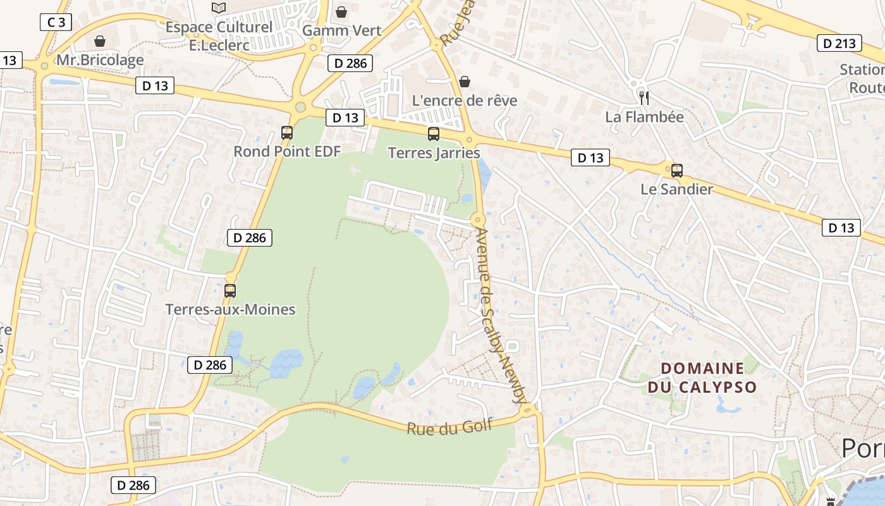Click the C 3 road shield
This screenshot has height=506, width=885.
56,23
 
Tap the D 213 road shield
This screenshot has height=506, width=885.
839,43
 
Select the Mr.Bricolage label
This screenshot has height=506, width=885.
100,60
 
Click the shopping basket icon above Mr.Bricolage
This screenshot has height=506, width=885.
99,41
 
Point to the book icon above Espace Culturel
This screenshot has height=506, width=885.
219,8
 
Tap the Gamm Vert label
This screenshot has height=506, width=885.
341,30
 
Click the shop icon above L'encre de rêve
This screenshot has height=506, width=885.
465,82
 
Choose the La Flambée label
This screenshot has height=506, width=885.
644,117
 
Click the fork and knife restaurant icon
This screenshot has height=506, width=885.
644,97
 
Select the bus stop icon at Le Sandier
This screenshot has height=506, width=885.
677,170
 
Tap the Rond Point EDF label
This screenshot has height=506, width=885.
287,152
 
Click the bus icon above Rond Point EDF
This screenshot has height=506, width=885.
287,133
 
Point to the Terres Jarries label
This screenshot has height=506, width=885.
434,153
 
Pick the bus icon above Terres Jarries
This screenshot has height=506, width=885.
434,133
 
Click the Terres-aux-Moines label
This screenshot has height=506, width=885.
230,309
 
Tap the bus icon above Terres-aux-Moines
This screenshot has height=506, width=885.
230,291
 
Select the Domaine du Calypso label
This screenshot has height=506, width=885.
702,378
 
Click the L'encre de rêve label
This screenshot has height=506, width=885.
465,101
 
